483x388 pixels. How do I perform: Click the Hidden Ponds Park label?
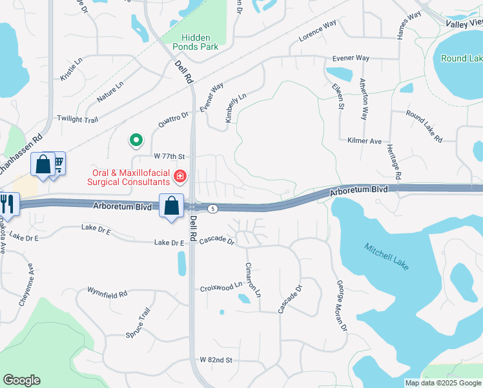click(190, 42)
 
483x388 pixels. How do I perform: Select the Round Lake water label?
click(461, 58)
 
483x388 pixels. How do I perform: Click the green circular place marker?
click(136, 139)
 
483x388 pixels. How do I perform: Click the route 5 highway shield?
click(213, 208)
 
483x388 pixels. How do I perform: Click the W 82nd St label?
click(216, 359)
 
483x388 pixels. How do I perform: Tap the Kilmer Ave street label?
click(365, 140)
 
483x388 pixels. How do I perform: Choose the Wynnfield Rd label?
click(108, 294)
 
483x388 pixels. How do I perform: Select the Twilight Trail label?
click(77, 119)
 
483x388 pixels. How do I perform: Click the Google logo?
click(21, 380)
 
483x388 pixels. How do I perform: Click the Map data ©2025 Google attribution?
click(443, 383)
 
